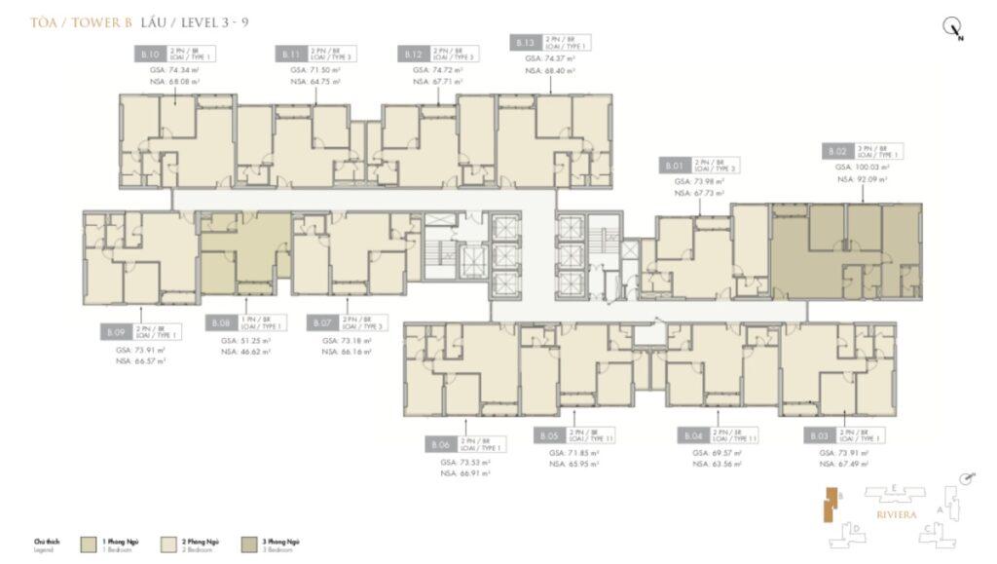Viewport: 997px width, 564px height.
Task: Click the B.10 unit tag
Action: click(149, 53)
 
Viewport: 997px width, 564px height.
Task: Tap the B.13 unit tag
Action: click(525, 42)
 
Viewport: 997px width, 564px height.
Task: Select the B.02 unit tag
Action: click(836, 151)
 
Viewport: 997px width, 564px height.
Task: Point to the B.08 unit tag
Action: click(220, 321)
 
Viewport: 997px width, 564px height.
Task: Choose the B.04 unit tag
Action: click(692, 435)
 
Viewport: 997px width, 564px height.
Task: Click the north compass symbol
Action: click(952, 28)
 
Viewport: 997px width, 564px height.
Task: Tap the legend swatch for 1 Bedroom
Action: click(89, 541)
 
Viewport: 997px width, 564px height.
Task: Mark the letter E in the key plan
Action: click(894, 487)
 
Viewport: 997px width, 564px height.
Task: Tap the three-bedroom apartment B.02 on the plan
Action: click(846, 251)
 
